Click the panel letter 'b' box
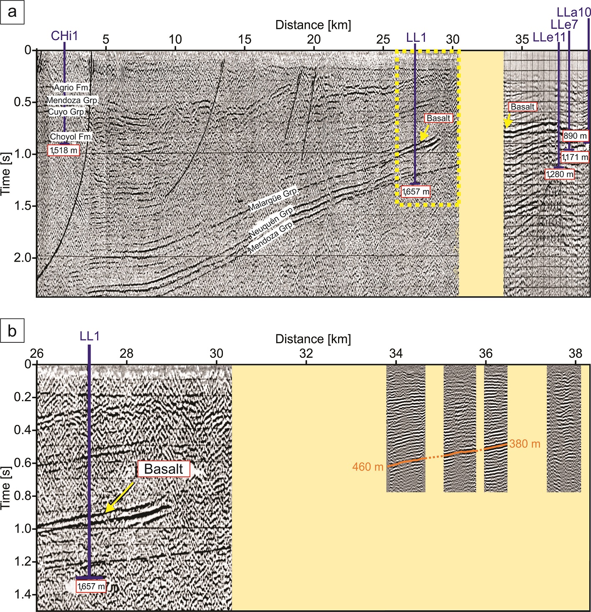(x=12, y=331)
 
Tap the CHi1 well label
(x=64, y=36)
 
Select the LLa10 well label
(x=574, y=12)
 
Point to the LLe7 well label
(x=564, y=25)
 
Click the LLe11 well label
(x=549, y=38)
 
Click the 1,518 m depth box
(x=64, y=150)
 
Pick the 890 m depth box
(x=575, y=136)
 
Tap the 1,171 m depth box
(x=575, y=157)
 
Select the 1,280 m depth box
(x=559, y=174)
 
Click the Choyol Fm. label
(x=70, y=137)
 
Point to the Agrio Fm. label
(x=71, y=88)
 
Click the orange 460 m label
(x=368, y=467)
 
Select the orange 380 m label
(x=525, y=444)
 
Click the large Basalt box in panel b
(x=164, y=469)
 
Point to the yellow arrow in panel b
(x=119, y=497)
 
